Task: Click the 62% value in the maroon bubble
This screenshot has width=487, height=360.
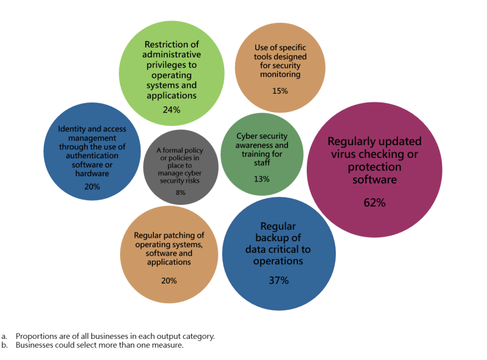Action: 374,203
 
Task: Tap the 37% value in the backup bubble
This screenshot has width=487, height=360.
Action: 278,280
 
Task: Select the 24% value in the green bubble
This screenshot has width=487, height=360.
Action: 172,109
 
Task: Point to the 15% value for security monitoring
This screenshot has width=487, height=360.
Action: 280,91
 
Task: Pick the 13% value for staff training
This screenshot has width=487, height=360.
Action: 262,179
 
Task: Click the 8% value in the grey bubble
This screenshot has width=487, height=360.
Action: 180,193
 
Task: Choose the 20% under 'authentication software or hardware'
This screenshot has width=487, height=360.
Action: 92,187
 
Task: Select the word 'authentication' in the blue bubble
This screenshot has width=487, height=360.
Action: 92,156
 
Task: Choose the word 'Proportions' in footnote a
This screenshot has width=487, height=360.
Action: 36,336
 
